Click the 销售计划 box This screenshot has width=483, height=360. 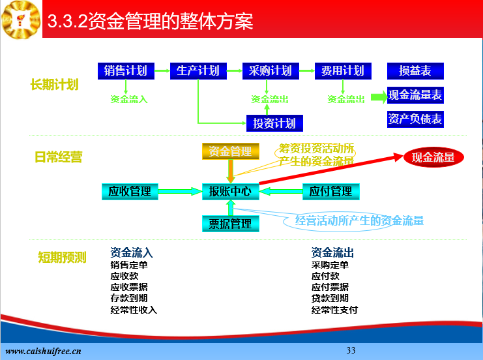coord(126,71)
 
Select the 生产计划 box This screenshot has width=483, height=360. coord(198,71)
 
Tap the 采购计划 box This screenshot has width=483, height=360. coord(271,71)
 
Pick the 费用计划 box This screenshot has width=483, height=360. coord(343,71)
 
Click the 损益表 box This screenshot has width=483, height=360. coord(416,71)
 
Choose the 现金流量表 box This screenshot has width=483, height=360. coord(416,95)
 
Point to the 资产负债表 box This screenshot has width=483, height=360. coord(416,119)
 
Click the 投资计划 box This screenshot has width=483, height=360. coord(274,123)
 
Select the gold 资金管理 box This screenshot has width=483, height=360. coord(231,151)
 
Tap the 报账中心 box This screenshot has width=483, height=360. coord(231,191)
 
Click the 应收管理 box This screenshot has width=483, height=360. coord(130,191)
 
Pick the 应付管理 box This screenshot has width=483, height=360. coord(331,191)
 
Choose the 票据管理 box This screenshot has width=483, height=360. coord(231,224)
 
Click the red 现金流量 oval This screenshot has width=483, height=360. coord(433,158)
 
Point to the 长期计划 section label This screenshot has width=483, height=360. coord(55,84)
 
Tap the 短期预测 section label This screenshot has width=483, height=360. coord(62,258)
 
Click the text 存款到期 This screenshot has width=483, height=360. coord(129,298)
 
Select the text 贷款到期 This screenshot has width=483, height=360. coord(330,298)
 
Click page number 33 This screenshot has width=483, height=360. coord(351,350)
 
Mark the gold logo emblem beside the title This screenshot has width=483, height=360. coord(21,20)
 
